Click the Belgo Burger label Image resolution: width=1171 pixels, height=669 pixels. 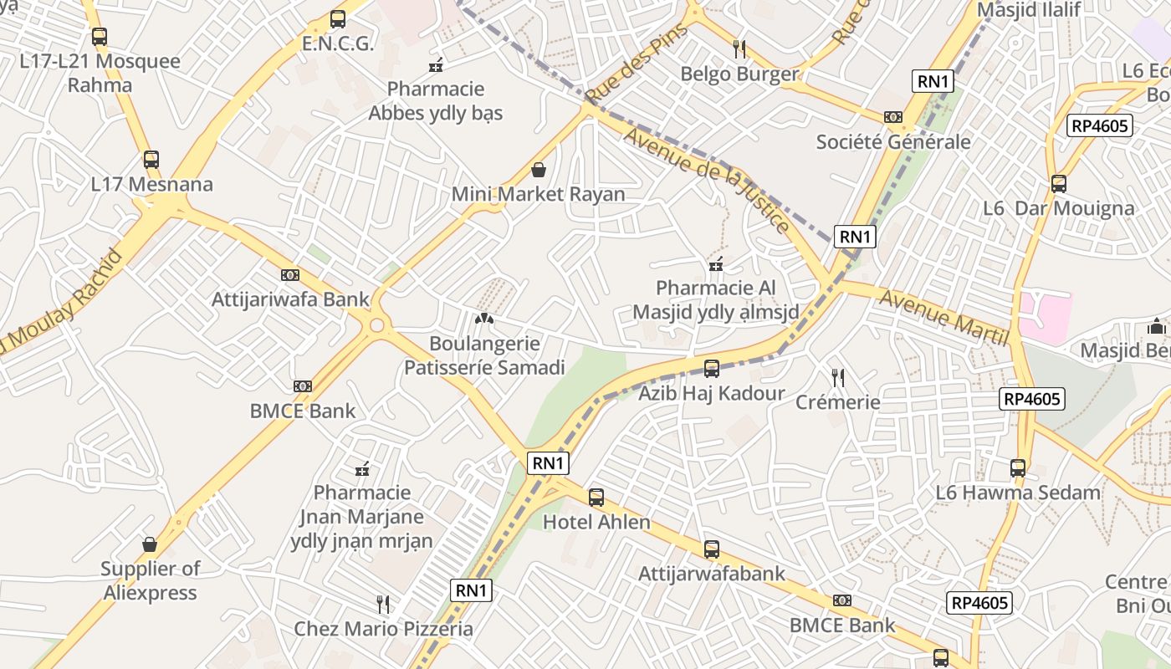tap(739, 74)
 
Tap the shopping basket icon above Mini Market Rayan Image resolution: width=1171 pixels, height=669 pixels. tap(539, 171)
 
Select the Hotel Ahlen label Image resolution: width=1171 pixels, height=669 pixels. tap(596, 522)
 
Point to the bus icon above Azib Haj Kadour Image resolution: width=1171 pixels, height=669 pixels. tap(712, 368)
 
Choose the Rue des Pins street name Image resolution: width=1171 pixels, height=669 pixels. tap(637, 63)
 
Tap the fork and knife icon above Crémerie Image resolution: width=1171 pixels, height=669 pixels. tap(838, 378)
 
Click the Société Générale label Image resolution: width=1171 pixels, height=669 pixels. tap(893, 141)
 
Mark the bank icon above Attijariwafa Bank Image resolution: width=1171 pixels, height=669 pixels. tap(290, 274)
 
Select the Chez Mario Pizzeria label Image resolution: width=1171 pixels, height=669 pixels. tap(383, 629)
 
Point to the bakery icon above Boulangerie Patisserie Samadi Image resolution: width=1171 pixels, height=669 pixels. tap(484, 319)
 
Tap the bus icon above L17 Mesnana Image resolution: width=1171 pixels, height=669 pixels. tap(151, 159)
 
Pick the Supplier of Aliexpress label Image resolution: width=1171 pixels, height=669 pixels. tap(151, 580)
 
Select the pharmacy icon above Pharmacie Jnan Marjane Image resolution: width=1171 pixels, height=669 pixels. tap(362, 469)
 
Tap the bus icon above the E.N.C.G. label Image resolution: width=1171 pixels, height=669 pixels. tap(338, 18)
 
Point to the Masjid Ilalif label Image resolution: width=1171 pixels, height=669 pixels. tap(1029, 10)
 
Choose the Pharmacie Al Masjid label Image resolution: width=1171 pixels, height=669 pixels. tap(715, 299)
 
